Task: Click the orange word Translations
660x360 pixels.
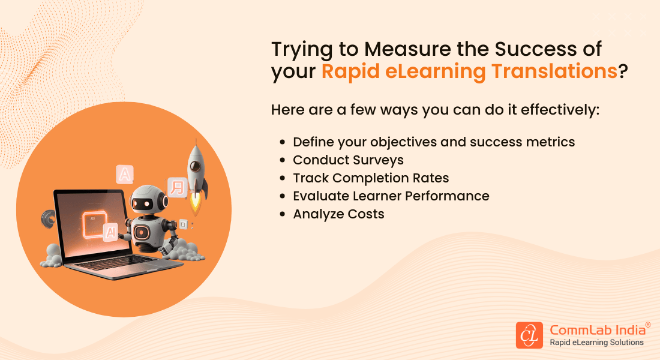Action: pos(554,71)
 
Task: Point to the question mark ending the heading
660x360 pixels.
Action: pos(623,71)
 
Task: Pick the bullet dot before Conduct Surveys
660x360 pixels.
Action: pos(283,161)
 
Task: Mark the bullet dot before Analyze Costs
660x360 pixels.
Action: pos(283,215)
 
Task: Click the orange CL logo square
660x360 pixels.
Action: pos(529,335)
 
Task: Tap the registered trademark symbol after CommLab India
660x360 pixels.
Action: pos(647,324)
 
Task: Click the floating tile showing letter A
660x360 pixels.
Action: pos(125,175)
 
